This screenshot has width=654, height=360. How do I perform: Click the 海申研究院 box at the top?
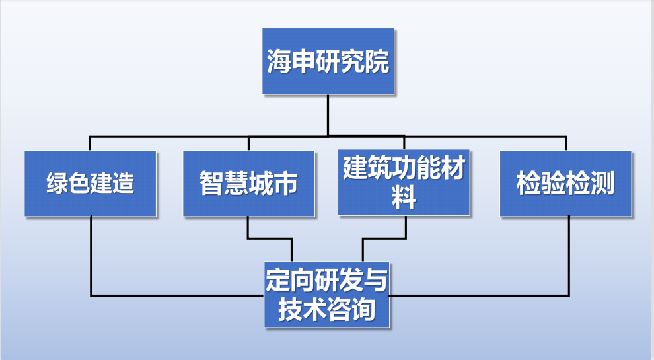coord(328,61)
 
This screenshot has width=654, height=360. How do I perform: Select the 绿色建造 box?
coord(91,183)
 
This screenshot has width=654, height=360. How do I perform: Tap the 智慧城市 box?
coord(248,183)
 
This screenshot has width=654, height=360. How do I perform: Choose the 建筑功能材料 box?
coord(404,182)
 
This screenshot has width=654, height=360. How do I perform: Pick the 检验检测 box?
coord(565,183)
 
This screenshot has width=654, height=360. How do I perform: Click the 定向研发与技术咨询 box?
coord(327,295)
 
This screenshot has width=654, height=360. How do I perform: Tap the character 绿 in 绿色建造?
coord(57,184)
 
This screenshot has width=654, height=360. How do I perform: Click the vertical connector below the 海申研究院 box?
coord(328,116)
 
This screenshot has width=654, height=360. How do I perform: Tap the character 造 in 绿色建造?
coord(122,184)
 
